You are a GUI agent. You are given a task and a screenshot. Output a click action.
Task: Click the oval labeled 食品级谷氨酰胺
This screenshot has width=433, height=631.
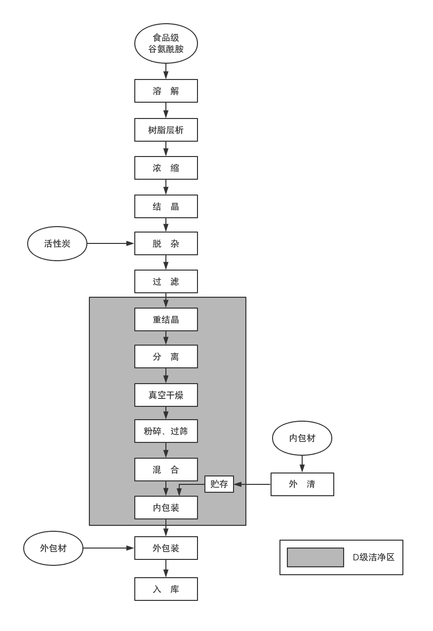point(166,43)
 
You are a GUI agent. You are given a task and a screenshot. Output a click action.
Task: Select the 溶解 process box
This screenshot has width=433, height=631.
point(166,91)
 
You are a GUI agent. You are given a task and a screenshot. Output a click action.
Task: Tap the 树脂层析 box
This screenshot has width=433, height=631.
point(166,130)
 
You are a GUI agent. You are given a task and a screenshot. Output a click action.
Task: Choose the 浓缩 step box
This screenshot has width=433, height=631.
point(166,168)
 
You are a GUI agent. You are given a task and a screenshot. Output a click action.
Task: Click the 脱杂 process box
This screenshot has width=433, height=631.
point(166,243)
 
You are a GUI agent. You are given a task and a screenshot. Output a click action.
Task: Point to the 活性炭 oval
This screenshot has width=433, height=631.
point(57,243)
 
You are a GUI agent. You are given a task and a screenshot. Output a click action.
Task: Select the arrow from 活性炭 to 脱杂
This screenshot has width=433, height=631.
point(110,243)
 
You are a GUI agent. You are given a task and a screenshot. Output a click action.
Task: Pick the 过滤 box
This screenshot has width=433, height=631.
point(166,281)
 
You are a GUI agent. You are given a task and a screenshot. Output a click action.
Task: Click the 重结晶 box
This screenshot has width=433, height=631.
point(166,319)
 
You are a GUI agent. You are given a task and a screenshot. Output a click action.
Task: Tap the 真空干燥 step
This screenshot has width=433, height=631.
point(166,395)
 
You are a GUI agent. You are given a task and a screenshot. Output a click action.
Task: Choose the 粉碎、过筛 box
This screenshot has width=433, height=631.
point(166,431)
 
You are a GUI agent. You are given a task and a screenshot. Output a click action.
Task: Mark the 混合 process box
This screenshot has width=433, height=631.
point(166,470)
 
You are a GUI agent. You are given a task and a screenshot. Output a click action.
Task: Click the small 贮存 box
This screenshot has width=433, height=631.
point(219,484)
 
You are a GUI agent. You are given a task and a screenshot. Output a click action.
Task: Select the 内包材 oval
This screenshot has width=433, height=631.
point(302,438)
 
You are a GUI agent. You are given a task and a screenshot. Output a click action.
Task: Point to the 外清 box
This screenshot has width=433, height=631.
point(302,484)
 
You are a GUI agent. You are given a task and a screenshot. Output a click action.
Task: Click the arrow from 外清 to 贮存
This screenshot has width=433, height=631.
point(252,484)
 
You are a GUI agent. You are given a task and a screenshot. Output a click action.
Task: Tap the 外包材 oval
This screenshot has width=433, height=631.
point(53,548)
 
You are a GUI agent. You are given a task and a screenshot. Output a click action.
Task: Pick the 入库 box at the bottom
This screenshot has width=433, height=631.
point(166,589)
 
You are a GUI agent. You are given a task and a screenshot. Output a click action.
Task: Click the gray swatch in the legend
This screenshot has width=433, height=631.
point(315,557)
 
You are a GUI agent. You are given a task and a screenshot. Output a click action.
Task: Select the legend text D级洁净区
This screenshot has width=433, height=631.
point(373,557)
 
